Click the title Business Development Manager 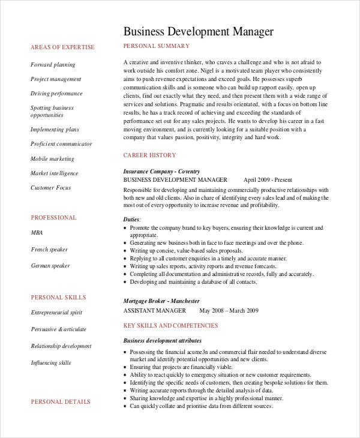click(x=199, y=31)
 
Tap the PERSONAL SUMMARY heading click(x=156, y=46)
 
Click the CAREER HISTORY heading click(x=149, y=155)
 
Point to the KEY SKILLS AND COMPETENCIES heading click(x=170, y=326)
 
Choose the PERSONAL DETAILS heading click(x=61, y=401)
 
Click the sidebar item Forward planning click(x=53, y=65)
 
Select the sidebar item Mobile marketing click(x=52, y=159)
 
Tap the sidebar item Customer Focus click(x=50, y=188)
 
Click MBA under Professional click(x=37, y=232)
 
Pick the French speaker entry click(x=49, y=249)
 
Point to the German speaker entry click(x=50, y=266)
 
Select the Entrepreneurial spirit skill click(x=56, y=313)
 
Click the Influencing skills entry click(x=50, y=363)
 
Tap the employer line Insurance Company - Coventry click(x=161, y=171)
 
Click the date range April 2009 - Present click(x=268, y=179)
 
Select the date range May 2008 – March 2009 click(x=229, y=311)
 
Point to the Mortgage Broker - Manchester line click(x=161, y=301)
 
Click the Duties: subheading click(x=133, y=220)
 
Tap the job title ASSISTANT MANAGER click(x=154, y=311)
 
